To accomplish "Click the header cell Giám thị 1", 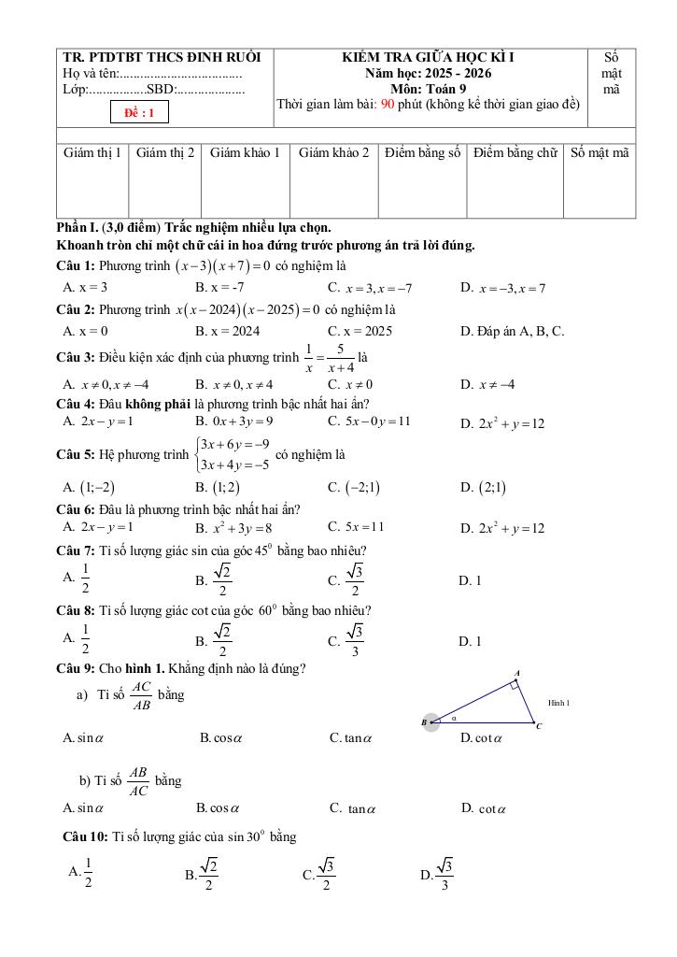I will coord(92,152).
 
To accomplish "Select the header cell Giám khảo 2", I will coord(333,152).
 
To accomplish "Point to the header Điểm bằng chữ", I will coord(515,152).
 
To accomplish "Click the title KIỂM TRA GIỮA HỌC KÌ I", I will coord(429,57).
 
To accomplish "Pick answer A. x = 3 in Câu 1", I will coord(85,288).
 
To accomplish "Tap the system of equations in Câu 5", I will coord(233,454).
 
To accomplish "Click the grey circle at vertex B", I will coord(430,722).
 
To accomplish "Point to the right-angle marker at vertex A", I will coord(514,685).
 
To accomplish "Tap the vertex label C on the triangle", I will coord(539,726).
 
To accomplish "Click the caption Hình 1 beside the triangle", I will coord(558,703).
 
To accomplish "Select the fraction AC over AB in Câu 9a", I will coord(141,694).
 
